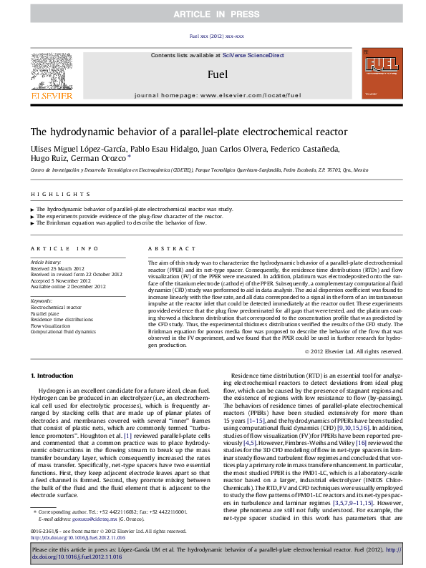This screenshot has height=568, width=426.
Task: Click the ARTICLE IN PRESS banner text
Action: tap(212, 14)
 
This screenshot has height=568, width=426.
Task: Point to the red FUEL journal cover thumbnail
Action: tap(382, 74)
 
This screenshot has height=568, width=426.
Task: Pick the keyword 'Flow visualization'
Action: tap(51, 325)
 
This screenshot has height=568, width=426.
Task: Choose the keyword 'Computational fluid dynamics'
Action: tap(62, 332)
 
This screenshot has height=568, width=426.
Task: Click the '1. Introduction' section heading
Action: tap(54, 376)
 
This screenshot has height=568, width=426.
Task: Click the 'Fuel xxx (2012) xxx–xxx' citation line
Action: tap(212, 36)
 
